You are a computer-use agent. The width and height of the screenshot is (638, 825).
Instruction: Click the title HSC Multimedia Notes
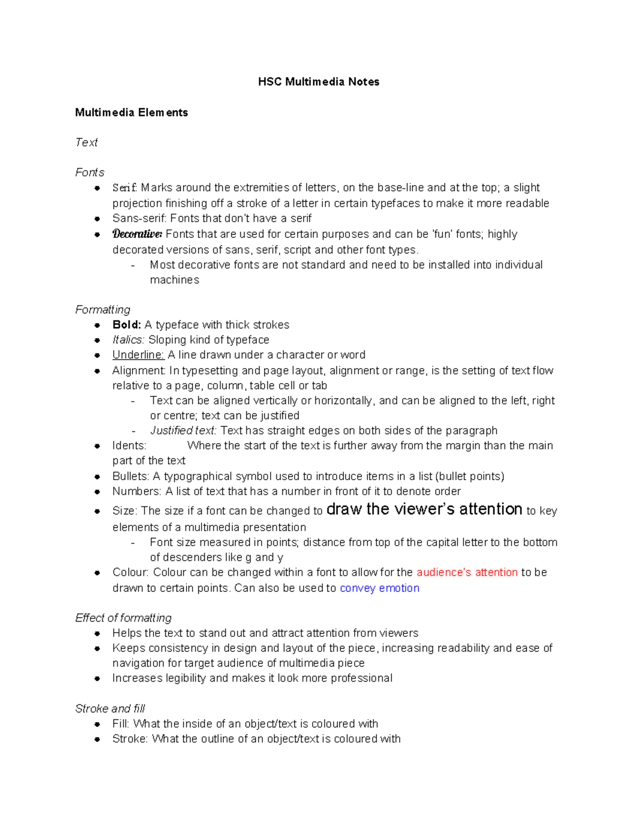click(x=318, y=82)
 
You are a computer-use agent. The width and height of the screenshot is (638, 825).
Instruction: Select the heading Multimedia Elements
click(x=131, y=113)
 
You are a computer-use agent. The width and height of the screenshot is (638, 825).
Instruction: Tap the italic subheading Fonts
click(x=90, y=173)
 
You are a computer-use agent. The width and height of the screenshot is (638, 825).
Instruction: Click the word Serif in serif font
click(x=124, y=188)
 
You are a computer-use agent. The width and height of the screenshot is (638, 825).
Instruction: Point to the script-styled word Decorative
click(x=137, y=234)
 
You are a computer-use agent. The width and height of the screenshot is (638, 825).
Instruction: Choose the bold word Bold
click(x=126, y=325)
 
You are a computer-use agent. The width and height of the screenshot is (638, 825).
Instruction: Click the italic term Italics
click(x=128, y=340)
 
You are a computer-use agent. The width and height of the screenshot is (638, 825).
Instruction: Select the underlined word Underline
click(x=138, y=355)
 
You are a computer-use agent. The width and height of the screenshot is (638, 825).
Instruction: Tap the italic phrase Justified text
click(x=183, y=431)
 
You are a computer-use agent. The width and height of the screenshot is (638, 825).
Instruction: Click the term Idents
click(x=129, y=446)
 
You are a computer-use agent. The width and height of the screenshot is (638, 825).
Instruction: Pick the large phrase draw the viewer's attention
click(x=424, y=509)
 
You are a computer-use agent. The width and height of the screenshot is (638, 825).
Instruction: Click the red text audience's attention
click(x=467, y=573)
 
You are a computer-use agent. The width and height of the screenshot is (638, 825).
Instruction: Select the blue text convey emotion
click(x=379, y=588)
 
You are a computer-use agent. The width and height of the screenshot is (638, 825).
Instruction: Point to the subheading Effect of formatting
click(x=123, y=618)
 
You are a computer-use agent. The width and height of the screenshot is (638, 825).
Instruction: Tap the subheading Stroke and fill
click(x=110, y=709)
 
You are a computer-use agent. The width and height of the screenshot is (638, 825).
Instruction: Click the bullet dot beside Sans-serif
click(x=97, y=219)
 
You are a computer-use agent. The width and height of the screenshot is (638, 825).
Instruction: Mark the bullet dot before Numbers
click(x=97, y=492)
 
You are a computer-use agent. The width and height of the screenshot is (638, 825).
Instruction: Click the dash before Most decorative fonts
click(x=133, y=265)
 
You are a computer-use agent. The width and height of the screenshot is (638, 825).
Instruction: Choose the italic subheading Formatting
click(x=103, y=310)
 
